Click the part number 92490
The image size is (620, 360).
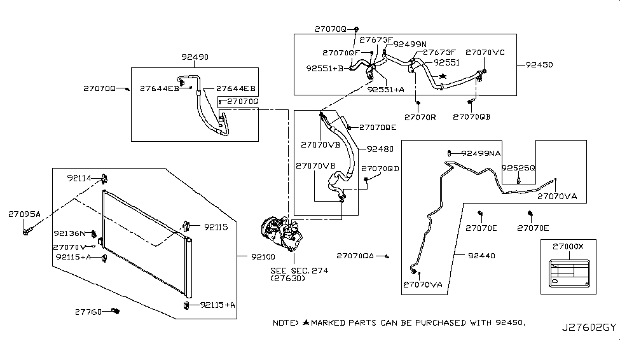pyautogui.click(x=195, y=57)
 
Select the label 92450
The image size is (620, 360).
pyautogui.click(x=539, y=65)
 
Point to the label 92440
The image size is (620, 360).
pyautogui.click(x=482, y=256)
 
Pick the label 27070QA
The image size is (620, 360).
pyautogui.click(x=355, y=256)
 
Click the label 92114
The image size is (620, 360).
pyautogui.click(x=81, y=178)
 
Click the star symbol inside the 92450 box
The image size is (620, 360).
pyautogui.click(x=443, y=76)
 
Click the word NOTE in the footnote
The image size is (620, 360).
pyautogui.click(x=285, y=323)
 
